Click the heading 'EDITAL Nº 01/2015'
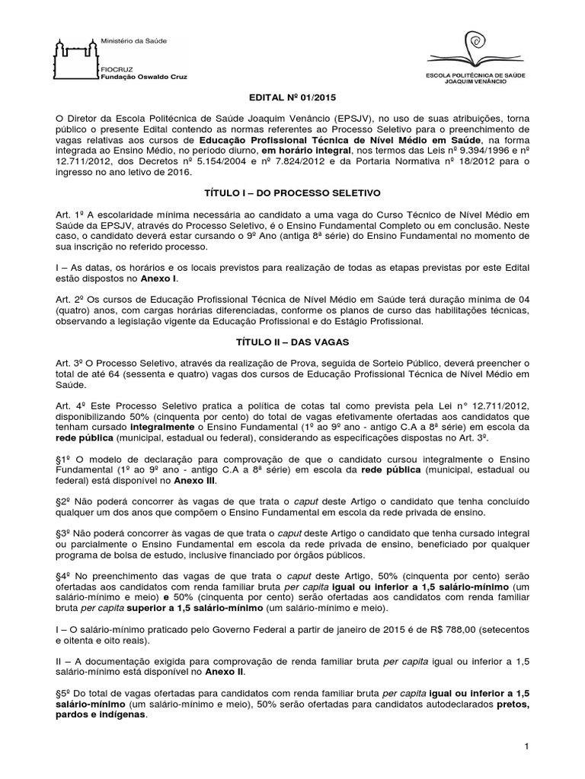click(292, 99)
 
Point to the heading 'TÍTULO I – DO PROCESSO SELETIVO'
click(292, 194)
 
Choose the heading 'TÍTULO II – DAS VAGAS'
click(292, 343)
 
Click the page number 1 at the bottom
click(526, 749)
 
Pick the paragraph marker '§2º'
click(66, 500)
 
